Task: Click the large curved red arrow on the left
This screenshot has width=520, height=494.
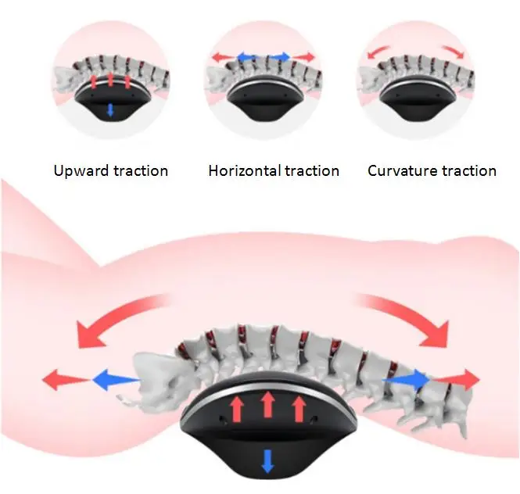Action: point(117,320)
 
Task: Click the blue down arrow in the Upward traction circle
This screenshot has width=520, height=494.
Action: point(110,109)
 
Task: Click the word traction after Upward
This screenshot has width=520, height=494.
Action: point(141,170)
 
